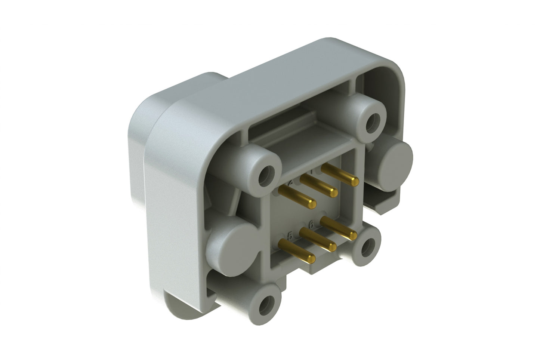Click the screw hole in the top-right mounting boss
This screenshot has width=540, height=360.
coord(371,121)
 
